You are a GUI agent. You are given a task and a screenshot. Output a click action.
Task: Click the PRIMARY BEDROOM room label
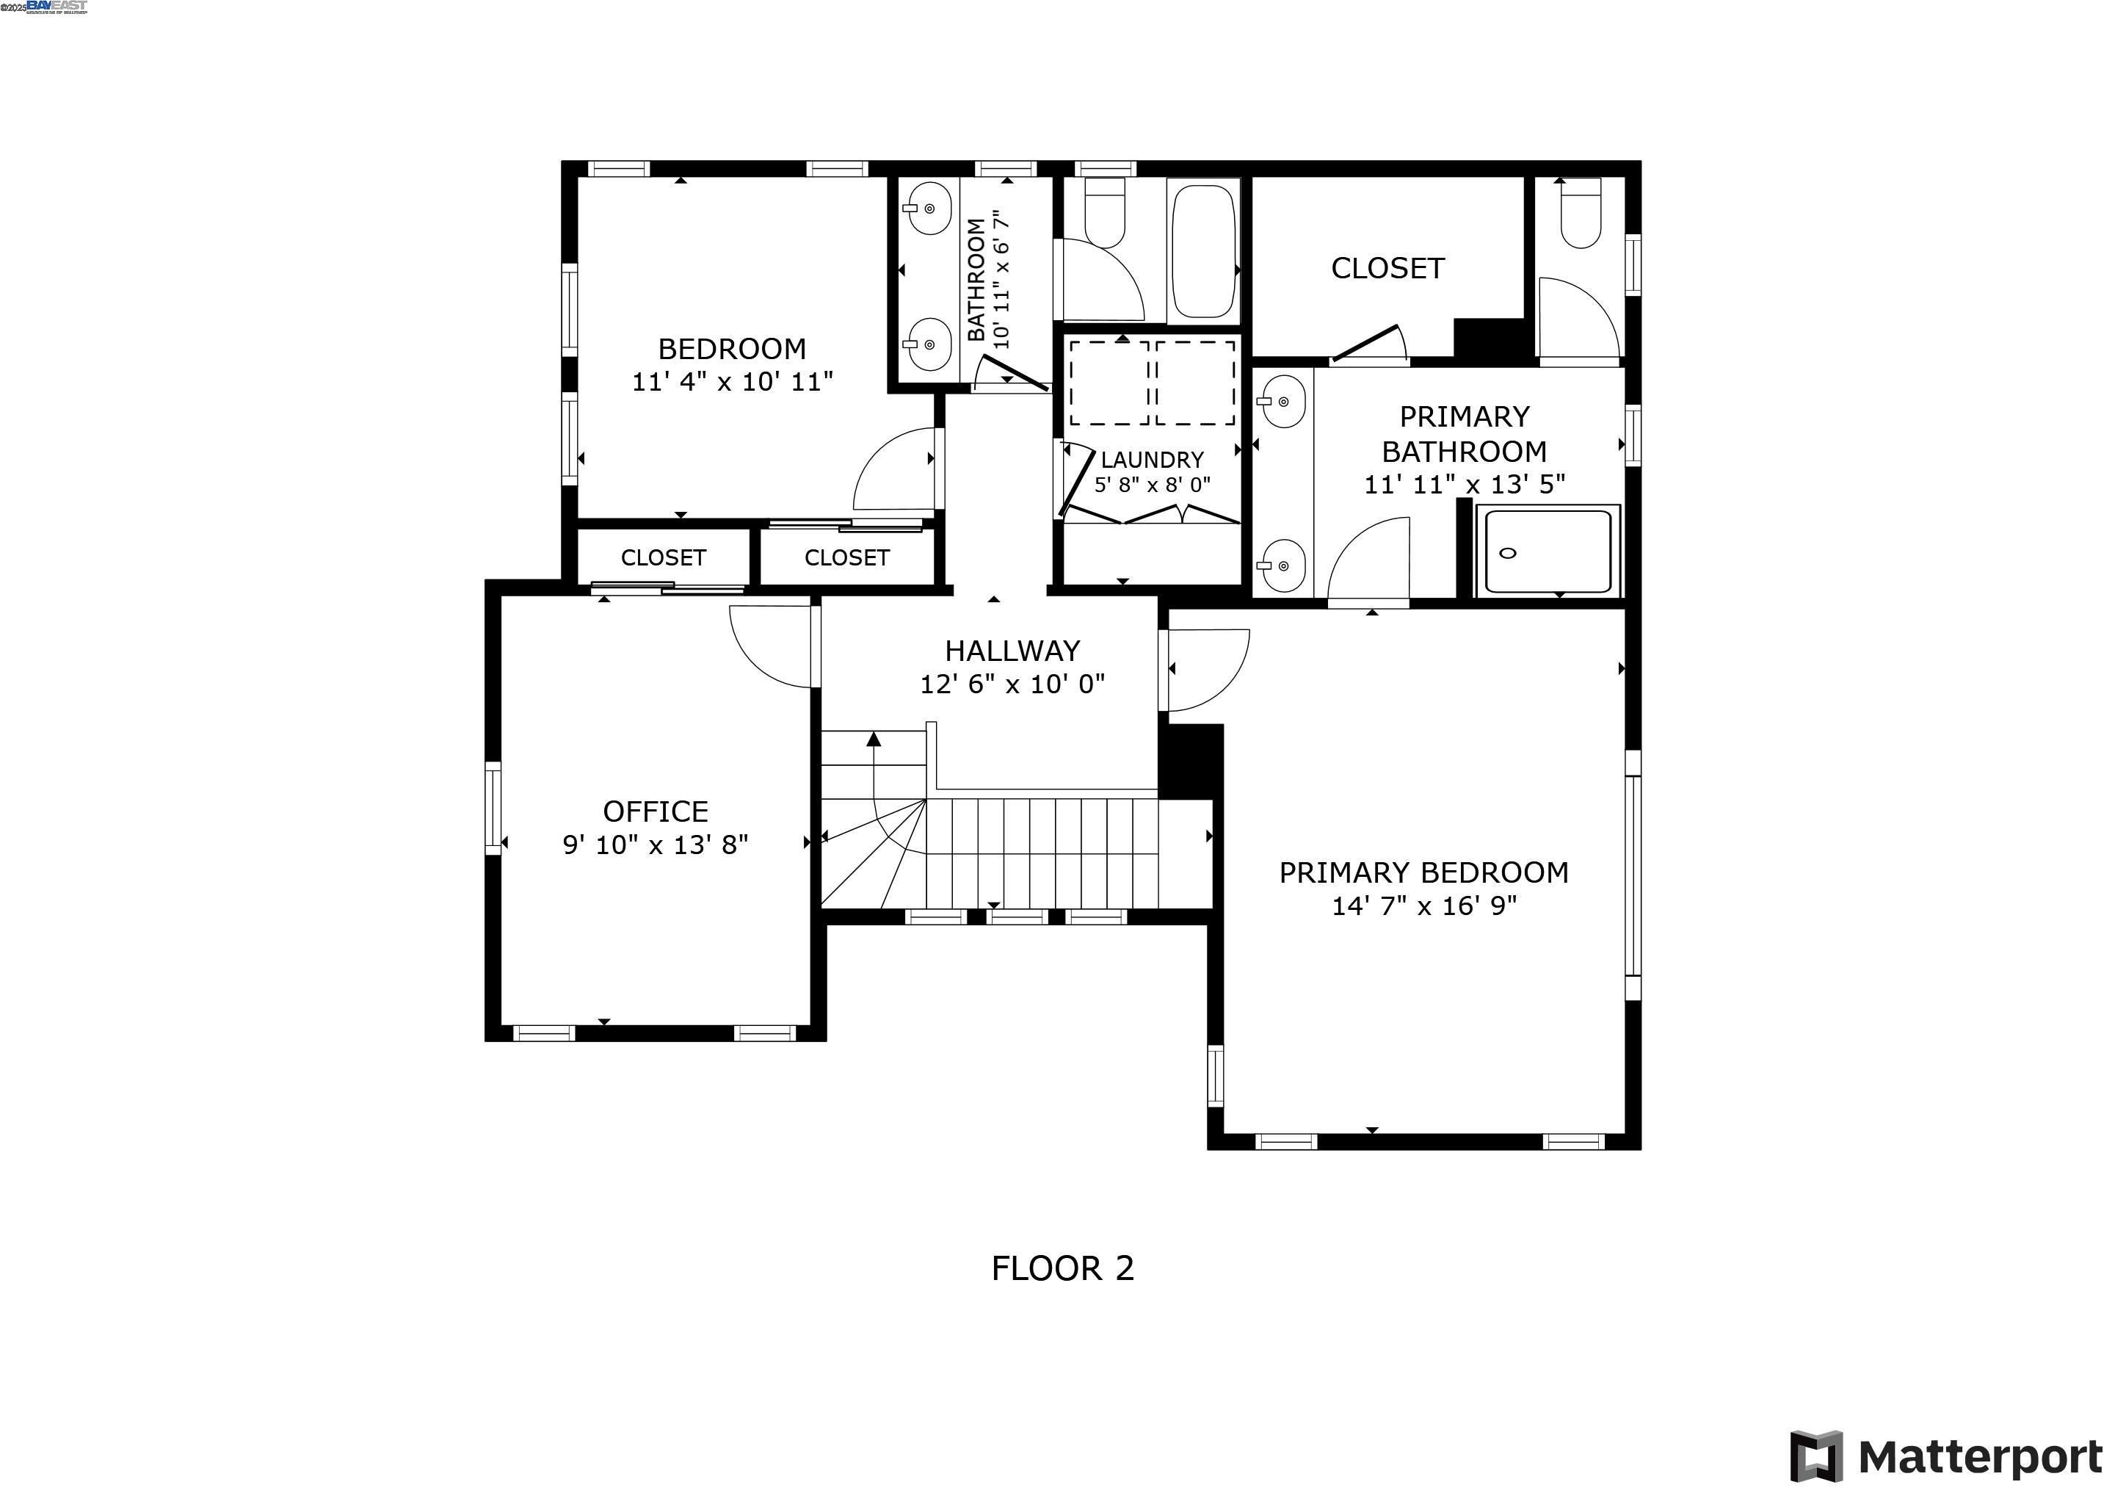(x=1423, y=872)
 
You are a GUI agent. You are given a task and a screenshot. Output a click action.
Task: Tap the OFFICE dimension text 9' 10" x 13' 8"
(x=655, y=845)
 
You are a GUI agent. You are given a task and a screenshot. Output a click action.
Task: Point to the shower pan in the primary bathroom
(x=1548, y=552)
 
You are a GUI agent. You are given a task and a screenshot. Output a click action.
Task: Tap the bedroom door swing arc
(x=894, y=469)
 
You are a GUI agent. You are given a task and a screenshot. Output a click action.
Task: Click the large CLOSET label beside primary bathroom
(x=1387, y=269)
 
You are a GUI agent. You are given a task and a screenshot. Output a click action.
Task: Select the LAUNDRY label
(x=1152, y=459)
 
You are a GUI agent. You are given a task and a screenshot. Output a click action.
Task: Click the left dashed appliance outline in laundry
(x=1109, y=382)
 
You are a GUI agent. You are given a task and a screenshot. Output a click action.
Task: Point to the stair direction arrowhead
(x=873, y=738)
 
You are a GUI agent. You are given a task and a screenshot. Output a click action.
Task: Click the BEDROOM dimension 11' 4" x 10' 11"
(x=733, y=382)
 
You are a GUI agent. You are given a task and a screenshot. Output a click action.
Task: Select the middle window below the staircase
(x=1017, y=916)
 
